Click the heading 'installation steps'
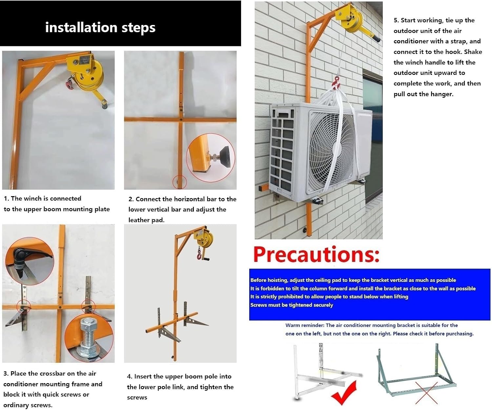(x=100, y=28)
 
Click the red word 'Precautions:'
(x=316, y=255)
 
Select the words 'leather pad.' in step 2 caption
(x=146, y=220)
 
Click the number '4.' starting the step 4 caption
(x=130, y=376)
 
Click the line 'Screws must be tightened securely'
(x=292, y=305)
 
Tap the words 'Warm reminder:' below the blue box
(x=305, y=325)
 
